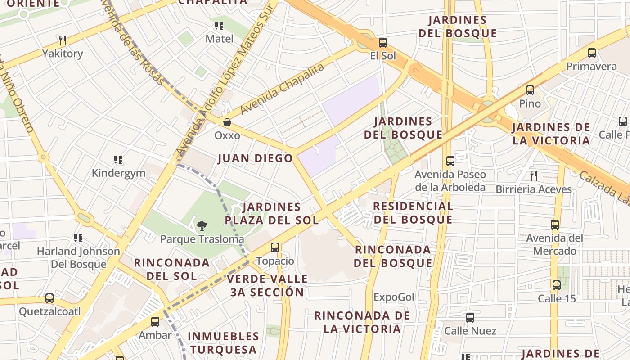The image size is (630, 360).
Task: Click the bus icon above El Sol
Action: pyautogui.click(x=382, y=43)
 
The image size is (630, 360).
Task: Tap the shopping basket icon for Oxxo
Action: pyautogui.click(x=227, y=122)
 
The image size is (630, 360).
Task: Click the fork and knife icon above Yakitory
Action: pyautogui.click(x=63, y=40)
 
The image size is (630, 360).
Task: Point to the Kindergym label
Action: pyautogui.click(x=118, y=173)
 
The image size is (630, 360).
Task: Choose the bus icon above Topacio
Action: pyautogui.click(x=274, y=247)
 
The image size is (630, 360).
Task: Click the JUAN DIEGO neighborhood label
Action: pyautogui.click(x=255, y=158)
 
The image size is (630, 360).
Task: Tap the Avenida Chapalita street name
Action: pyautogui.click(x=282, y=89)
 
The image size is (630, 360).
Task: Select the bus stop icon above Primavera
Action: pyautogui.click(x=591, y=53)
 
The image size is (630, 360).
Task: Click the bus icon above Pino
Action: pyautogui.click(x=530, y=90)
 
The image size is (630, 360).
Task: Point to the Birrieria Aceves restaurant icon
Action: pyautogui.click(x=533, y=176)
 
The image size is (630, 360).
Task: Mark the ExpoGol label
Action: pyautogui.click(x=394, y=297)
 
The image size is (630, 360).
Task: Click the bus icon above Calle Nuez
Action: pyautogui.click(x=470, y=318)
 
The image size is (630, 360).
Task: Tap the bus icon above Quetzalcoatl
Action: pyautogui.click(x=49, y=298)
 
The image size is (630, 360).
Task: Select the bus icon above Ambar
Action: pyautogui.click(x=155, y=322)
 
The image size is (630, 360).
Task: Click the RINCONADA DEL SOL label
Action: pyautogui.click(x=171, y=269)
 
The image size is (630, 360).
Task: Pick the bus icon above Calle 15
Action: pyautogui.click(x=557, y=285)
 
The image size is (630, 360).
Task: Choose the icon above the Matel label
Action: pyautogui.click(x=219, y=26)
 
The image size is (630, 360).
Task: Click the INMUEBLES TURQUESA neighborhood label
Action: pyautogui.click(x=223, y=342)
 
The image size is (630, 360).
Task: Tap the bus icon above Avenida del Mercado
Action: pyautogui.click(x=555, y=225)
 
